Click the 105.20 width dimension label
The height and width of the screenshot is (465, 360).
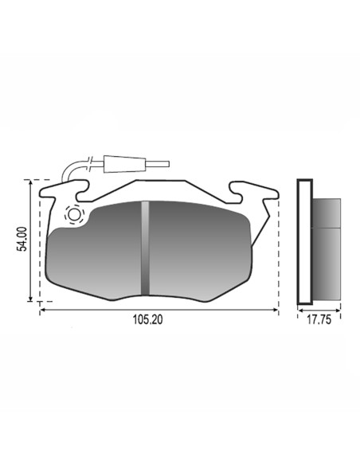point(147,320)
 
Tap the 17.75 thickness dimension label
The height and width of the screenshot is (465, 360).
point(319,320)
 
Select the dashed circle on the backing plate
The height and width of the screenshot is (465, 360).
point(74,214)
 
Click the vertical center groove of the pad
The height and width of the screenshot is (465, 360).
point(145,248)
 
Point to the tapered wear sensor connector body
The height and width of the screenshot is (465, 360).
point(124,164)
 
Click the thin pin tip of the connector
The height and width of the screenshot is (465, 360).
point(158,164)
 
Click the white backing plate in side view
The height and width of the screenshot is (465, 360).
point(305,242)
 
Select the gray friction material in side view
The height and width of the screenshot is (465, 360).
point(327,249)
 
